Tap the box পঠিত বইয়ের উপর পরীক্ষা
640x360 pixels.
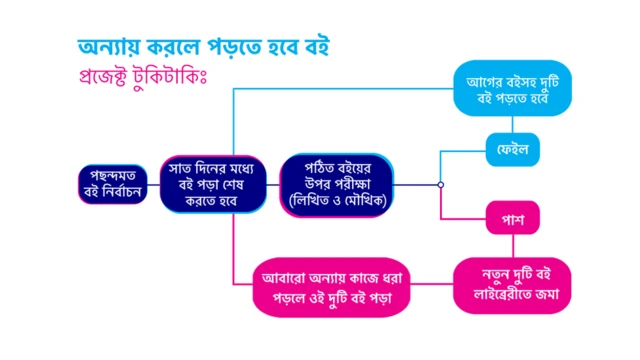tap(335, 184)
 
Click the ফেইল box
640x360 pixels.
tap(512, 151)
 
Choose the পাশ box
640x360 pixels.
tap(512, 216)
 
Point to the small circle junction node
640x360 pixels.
tap(440, 184)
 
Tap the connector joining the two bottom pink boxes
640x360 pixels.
tap(436, 287)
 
